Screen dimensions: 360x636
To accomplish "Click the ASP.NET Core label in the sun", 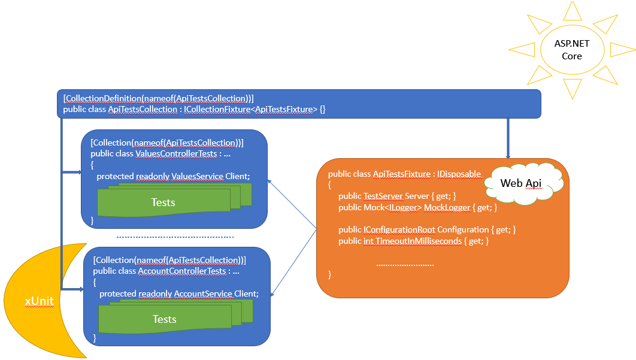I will pos(571,50).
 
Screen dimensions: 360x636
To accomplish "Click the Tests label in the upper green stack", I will pos(163,202).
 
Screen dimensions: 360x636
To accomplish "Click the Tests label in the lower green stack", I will pos(164,319).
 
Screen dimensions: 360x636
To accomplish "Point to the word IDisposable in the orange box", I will pos(459,174).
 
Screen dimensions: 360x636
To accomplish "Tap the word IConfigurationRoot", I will pos(399,229).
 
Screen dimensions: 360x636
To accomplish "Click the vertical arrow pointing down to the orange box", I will pos(508,138).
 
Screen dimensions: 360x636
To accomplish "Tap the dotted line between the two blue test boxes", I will pos(175,237).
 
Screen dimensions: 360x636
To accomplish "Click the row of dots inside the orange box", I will pos(405,264).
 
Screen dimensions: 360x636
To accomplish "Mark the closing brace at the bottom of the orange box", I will pos(330,274).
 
